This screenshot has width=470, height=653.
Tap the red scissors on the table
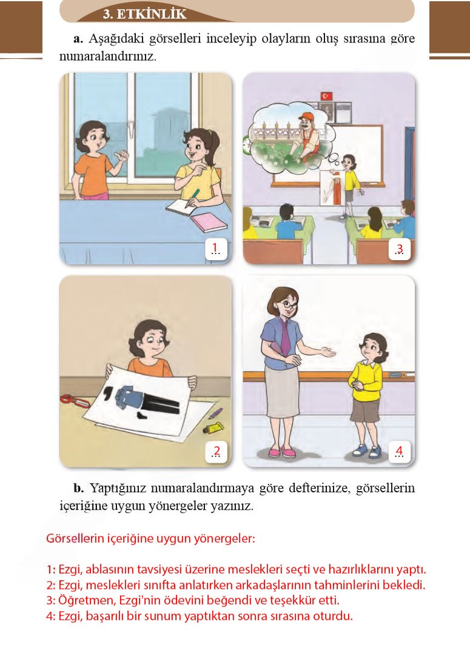(75, 400)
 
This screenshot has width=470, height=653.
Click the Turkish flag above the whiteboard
(327, 96)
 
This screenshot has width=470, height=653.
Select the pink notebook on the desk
(208, 222)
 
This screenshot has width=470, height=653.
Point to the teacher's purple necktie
(284, 340)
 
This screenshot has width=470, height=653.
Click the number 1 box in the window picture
(216, 248)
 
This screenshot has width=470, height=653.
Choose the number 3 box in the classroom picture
(398, 249)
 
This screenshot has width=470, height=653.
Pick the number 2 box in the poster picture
(216, 451)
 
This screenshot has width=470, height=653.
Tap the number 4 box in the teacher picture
(398, 451)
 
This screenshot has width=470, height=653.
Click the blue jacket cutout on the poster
(129, 395)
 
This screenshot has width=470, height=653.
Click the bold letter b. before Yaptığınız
(78, 488)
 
